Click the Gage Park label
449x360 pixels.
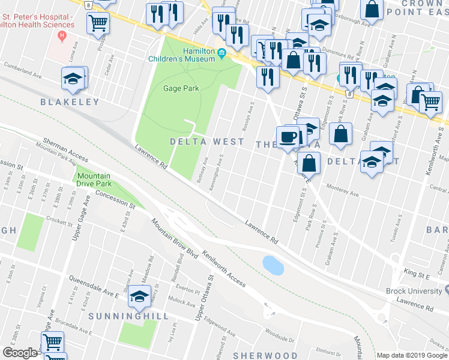pos(181,88)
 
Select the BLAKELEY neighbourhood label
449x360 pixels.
pos(70,102)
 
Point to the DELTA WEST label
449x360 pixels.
pos(207,142)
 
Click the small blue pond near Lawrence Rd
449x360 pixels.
pos(273,265)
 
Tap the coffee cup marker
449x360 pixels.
pos(288,136)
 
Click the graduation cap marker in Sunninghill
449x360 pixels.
pos(139,295)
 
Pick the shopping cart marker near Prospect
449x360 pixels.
pos(98,24)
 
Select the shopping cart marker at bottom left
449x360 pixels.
pos(52,343)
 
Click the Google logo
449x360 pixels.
pos(19,353)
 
